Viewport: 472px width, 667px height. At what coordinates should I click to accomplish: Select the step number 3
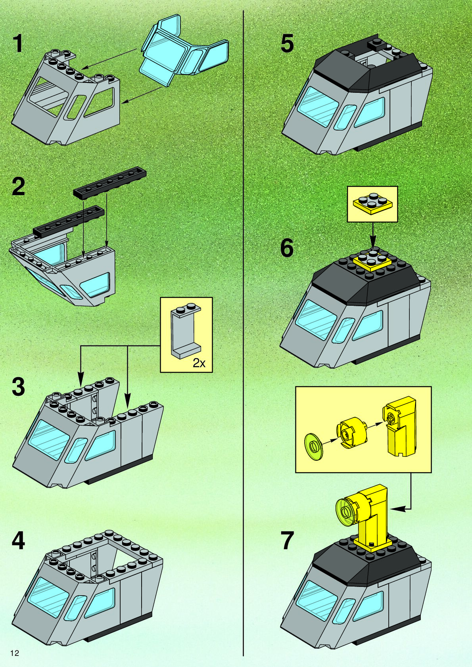[x=18, y=386]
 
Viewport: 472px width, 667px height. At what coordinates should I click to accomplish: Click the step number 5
[x=287, y=44]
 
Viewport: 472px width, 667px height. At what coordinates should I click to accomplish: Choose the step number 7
[x=287, y=540]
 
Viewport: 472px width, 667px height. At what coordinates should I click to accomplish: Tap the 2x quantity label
[x=199, y=362]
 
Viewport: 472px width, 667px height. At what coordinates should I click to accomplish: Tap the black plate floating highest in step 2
[x=110, y=183]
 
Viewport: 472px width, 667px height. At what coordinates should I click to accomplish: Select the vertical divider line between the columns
[x=243, y=333]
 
